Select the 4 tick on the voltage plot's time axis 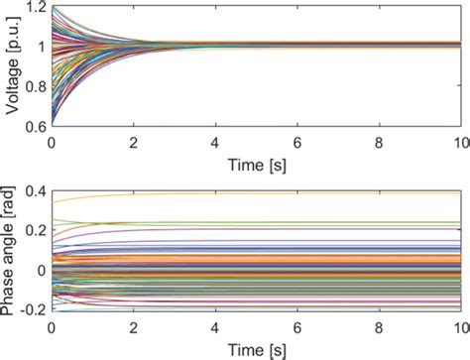pos(215,140)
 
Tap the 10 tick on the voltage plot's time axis pos(459,140)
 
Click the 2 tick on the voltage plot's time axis pos(134,140)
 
